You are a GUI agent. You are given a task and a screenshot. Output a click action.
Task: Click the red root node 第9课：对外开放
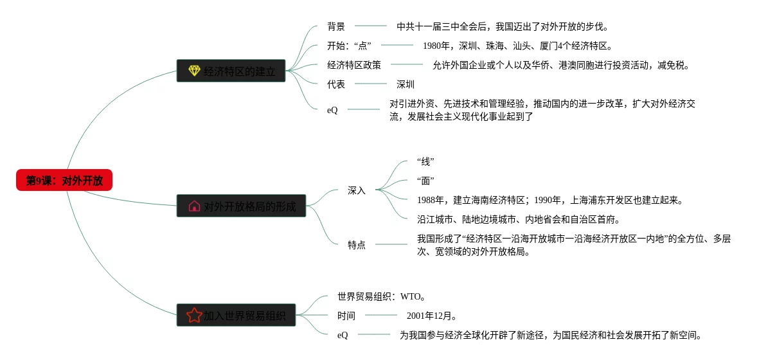coord(64,181)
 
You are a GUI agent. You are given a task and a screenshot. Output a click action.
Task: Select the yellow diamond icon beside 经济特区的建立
coord(194,71)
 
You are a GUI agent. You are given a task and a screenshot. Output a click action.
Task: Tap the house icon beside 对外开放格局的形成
coord(194,206)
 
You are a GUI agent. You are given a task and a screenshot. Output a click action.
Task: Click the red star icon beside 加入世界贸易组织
coord(194,315)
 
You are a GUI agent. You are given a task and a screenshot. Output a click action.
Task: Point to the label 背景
coord(336,26)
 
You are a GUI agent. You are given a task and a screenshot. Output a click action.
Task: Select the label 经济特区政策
coord(354,65)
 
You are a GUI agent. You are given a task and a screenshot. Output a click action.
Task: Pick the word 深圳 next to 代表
coord(406,84)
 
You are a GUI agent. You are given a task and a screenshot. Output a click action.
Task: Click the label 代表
coord(336,84)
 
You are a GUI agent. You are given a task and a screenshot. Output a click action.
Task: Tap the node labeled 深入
coord(357,190)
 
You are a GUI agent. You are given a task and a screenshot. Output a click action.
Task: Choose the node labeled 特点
coord(357,245)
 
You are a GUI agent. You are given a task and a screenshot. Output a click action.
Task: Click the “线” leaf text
coord(425,161)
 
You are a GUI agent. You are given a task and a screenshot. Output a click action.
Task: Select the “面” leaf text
coord(425,181)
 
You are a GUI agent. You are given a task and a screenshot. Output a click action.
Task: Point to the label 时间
coord(346,316)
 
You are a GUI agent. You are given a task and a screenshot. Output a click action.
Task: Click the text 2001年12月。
coord(432,316)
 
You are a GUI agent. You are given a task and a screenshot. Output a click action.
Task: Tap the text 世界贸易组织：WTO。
coord(381,296)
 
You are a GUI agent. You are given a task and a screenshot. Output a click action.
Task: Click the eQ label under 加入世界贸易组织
coord(343,335)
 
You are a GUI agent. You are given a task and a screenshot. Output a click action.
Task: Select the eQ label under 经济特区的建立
coord(332,110)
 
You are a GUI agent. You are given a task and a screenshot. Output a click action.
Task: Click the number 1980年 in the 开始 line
coord(436,46)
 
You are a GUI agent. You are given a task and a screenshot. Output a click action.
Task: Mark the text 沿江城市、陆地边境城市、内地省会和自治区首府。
coord(519,219)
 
